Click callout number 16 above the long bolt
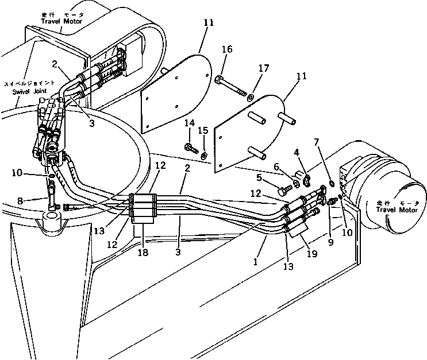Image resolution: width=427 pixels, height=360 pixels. coord(227,50)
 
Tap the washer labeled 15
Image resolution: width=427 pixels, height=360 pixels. coord(205,154)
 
